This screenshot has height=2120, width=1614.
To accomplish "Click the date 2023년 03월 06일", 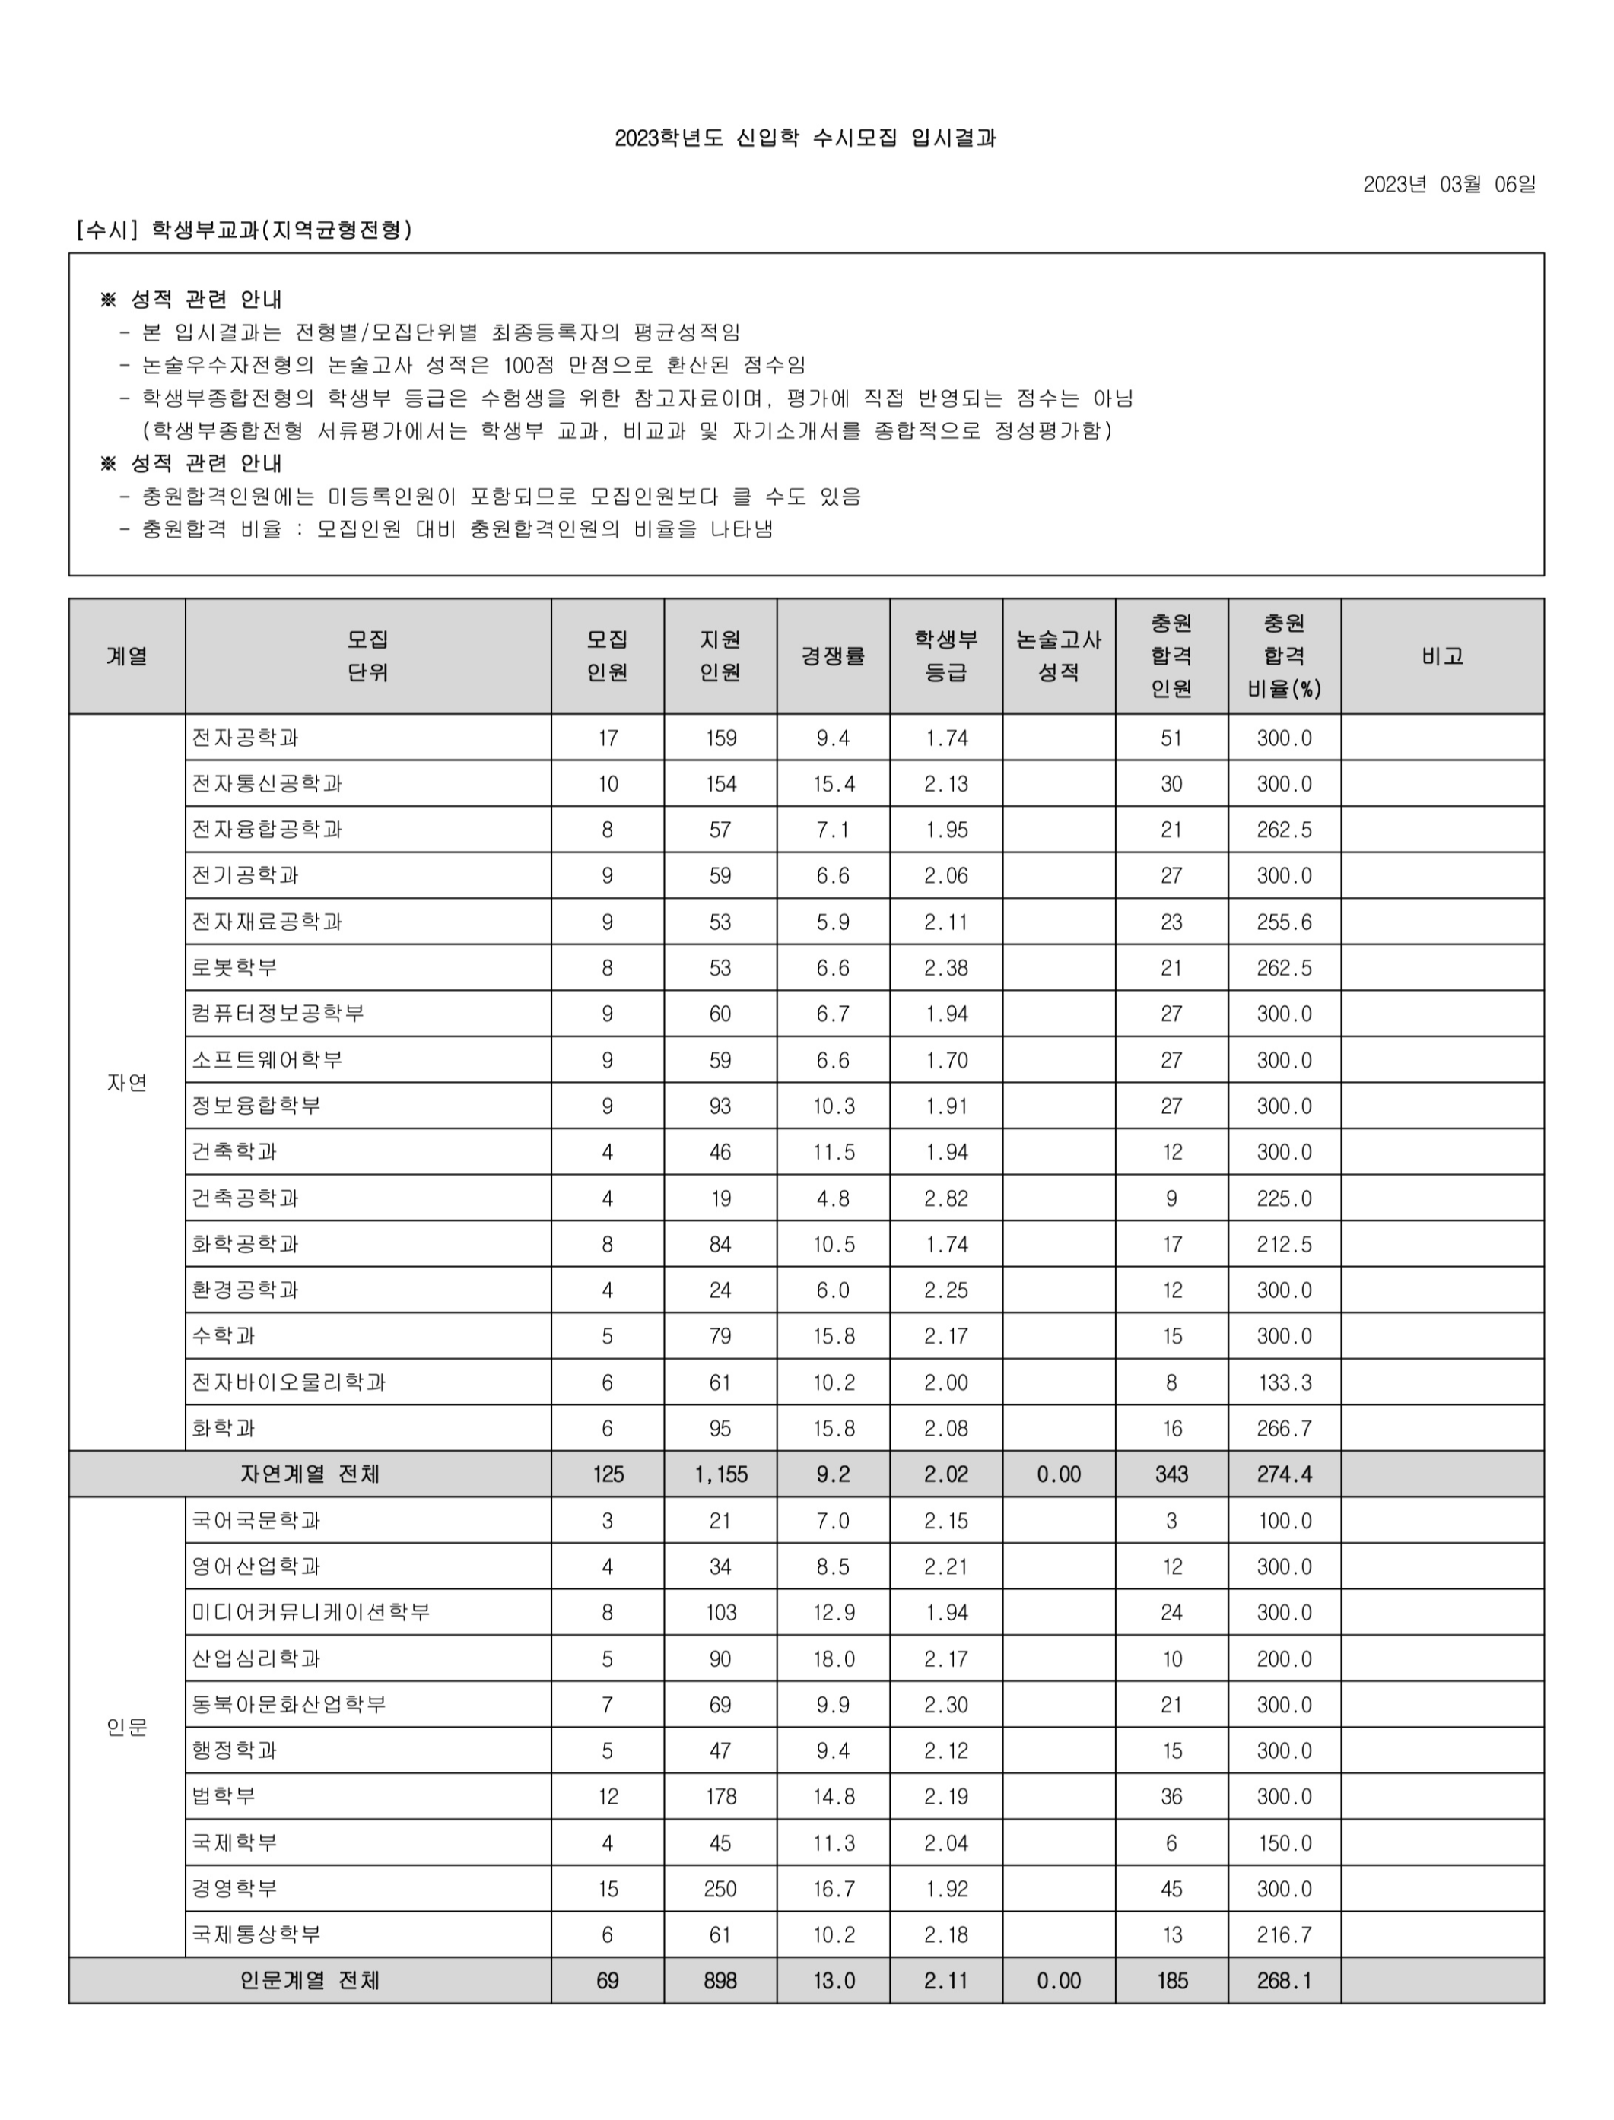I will point(1449,185).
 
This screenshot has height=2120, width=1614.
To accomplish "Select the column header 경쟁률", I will point(833,656).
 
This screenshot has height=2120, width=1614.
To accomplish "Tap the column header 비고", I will point(1442,656).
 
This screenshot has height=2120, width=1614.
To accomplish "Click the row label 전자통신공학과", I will point(267,784).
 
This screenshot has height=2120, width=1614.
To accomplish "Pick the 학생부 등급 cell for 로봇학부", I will point(946,967).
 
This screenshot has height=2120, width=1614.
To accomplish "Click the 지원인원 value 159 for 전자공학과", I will point(720,738).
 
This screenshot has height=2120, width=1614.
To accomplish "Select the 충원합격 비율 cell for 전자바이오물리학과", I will point(1285,1382).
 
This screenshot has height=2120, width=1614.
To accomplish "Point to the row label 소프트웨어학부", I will point(267,1059).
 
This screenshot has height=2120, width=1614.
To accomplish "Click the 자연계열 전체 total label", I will point(310,1474).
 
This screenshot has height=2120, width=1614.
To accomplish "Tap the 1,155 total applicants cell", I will point(720,1474).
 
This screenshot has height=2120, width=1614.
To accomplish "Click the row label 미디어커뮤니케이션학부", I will point(310,1612).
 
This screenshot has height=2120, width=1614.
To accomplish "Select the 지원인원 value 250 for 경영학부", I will point(720,1889).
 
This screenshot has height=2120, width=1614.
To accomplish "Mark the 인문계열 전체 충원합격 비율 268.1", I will point(1285,1981).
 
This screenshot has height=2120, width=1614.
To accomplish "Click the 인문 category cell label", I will point(127,1727).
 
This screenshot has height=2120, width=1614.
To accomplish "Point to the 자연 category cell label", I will point(127,1083).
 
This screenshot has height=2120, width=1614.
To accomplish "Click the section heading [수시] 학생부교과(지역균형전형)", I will point(244,230).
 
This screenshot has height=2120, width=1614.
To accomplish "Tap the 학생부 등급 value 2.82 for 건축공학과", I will point(946,1198).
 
